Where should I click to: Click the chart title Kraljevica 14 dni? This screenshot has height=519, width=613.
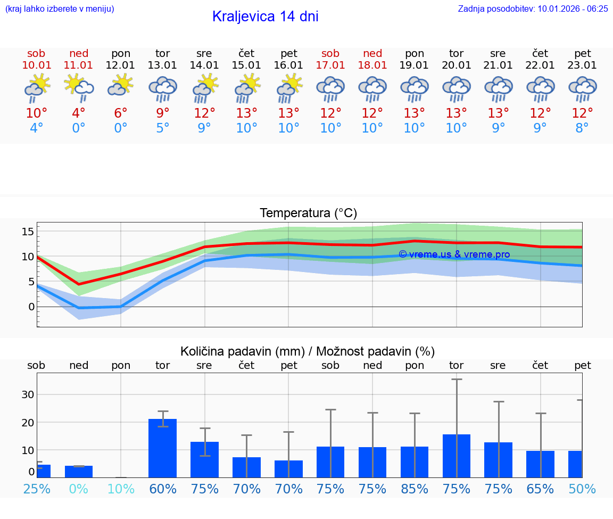tap(265, 17)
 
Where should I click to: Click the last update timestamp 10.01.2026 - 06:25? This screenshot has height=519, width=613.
tap(573, 9)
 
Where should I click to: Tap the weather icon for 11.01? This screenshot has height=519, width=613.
tap(79, 88)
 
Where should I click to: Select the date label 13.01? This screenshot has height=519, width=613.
tap(163, 65)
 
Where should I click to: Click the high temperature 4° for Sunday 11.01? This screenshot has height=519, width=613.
tap(79, 113)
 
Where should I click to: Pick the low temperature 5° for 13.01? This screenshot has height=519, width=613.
tap(163, 128)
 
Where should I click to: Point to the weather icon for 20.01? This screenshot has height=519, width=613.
tap(457, 89)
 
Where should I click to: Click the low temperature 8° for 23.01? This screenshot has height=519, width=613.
tap(582, 128)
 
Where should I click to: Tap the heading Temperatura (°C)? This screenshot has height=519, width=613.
tap(308, 213)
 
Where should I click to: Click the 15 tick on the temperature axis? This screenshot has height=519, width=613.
tap(28, 232)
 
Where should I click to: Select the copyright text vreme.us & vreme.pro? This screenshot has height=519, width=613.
tap(454, 254)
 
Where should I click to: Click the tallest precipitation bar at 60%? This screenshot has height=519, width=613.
tap(163, 448)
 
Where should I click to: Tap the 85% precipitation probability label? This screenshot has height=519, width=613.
tap(415, 489)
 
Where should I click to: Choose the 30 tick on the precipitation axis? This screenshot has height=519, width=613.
tap(28, 394)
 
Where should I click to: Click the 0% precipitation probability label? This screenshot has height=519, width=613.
tap(79, 489)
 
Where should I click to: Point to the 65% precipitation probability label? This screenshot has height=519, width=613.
tap(540, 489)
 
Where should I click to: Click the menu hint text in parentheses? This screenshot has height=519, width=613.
tap(60, 9)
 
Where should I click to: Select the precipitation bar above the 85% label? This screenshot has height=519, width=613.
tap(415, 462)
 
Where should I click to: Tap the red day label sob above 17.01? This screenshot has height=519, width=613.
tap(330, 53)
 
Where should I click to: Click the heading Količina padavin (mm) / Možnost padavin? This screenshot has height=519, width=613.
tap(308, 351)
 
